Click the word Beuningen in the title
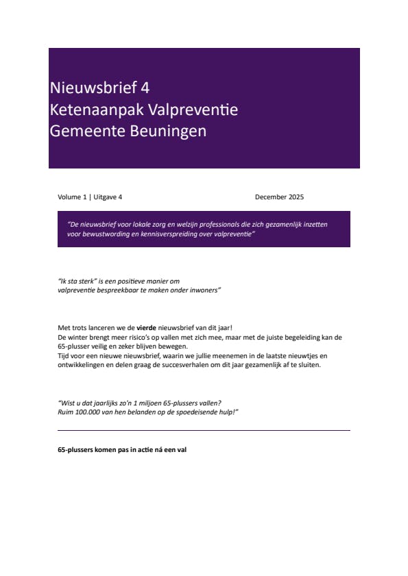(x=169, y=132)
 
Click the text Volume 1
(x=72, y=197)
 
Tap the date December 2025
(x=279, y=197)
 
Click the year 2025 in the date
(x=296, y=197)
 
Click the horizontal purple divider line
(x=204, y=430)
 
